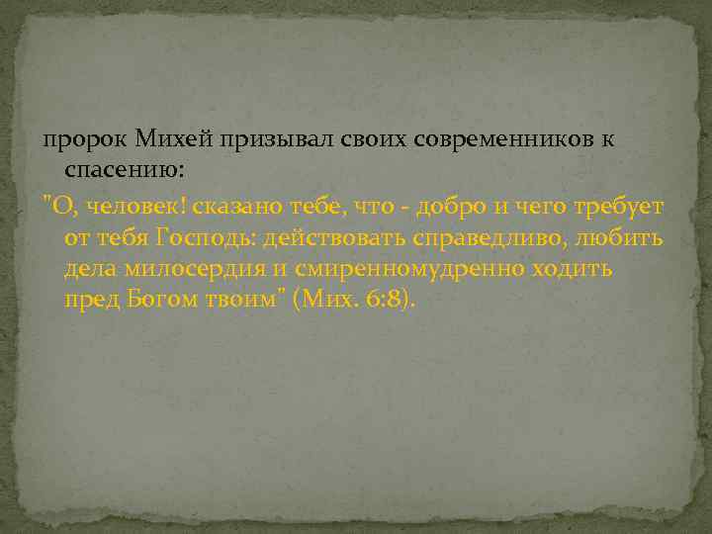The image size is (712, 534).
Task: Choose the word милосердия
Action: click(x=196, y=269)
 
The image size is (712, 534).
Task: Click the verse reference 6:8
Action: click(x=392, y=302)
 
